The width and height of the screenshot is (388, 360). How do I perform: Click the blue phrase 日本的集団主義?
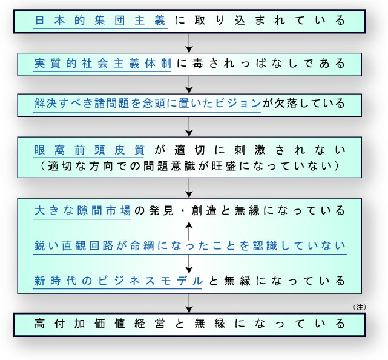pyautogui.click(x=100, y=21)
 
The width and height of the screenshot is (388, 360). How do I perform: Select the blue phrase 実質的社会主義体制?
pyautogui.click(x=102, y=64)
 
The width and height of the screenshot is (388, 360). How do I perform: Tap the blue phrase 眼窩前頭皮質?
pyautogui.click(x=89, y=150)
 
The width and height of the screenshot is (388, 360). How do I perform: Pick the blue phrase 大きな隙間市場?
pyautogui.click(x=82, y=211)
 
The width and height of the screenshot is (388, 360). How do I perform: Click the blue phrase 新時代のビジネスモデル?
pyautogui.click(x=118, y=281)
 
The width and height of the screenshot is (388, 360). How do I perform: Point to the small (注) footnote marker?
pyautogui.click(x=360, y=307)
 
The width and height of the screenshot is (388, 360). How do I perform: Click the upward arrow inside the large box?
pyautogui.click(x=189, y=231)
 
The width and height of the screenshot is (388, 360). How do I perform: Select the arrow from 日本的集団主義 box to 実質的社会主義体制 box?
pyautogui.click(x=189, y=43)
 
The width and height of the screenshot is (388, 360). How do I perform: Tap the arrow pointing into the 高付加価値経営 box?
pyautogui.click(x=189, y=303)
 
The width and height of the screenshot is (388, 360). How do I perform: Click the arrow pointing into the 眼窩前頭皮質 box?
pyautogui.click(x=189, y=127)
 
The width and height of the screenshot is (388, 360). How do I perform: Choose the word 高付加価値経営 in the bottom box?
pyautogui.click(x=100, y=324)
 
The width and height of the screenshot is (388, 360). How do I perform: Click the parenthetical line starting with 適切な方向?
pyautogui.click(x=189, y=166)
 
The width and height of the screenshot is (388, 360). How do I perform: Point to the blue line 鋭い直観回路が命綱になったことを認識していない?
pyautogui.click(x=190, y=246)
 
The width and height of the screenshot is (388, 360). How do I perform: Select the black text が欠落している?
pyautogui.click(x=304, y=103)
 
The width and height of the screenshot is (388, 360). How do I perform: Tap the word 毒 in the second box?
pyautogui.click(x=197, y=64)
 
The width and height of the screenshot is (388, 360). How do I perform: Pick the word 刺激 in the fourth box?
pyautogui.click(x=249, y=150)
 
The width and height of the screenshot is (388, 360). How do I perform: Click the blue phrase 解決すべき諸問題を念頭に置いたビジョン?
pyautogui.click(x=148, y=103)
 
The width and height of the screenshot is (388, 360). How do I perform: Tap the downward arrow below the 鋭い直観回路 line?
pyautogui.click(x=189, y=264)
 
